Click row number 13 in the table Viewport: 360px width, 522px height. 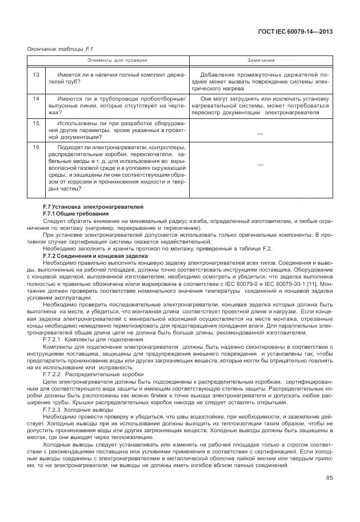click(35, 75)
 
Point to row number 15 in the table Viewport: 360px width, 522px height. click(35, 123)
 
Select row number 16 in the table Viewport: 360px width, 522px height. click(35, 147)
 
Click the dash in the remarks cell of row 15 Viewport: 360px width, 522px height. click(261, 133)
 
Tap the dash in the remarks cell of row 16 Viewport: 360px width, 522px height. click(261, 165)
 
